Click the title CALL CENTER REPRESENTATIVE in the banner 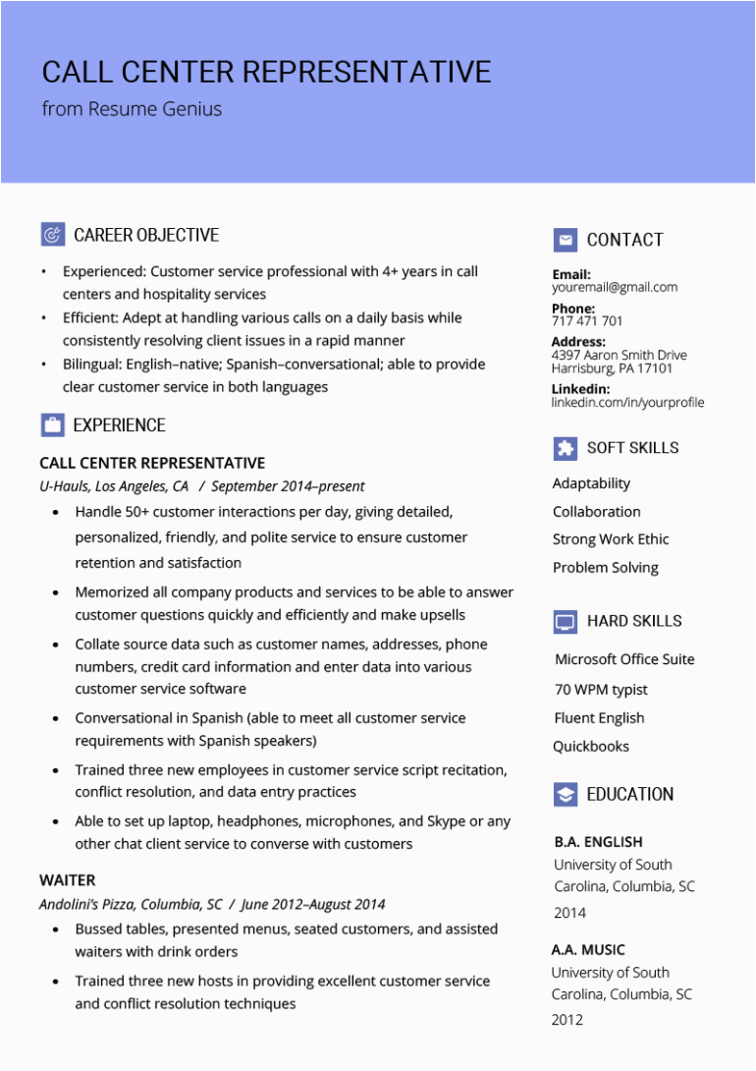coord(266,72)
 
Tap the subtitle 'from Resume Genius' coord(132,109)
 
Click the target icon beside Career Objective coord(52,235)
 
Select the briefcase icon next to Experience coord(52,425)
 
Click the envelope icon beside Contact coord(565,240)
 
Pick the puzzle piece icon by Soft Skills coord(565,448)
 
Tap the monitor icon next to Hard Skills coord(565,621)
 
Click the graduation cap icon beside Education coord(565,794)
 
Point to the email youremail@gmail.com coord(614,288)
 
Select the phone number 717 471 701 coord(586,321)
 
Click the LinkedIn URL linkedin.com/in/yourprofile coord(627,402)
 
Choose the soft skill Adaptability coord(591,483)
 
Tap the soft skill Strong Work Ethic coord(611,539)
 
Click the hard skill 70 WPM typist coord(601,690)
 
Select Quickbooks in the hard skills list coord(591,746)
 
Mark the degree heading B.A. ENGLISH coord(598,842)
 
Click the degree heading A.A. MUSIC coord(588,950)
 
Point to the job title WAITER coord(68,880)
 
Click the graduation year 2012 coord(567,1020)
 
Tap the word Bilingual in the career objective coord(92,365)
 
